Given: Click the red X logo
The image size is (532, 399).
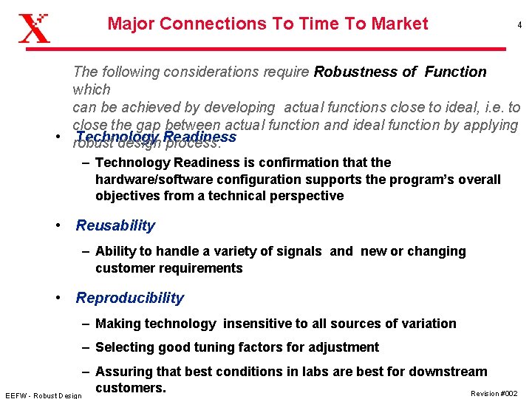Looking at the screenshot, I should [34, 27].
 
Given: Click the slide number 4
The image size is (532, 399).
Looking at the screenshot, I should [519, 25].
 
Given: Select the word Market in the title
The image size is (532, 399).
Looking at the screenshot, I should [400, 24].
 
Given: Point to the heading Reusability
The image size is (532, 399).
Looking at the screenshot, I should [115, 226].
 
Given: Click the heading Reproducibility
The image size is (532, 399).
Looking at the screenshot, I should [129, 299].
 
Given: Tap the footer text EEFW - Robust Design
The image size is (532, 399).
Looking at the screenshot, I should [43, 395].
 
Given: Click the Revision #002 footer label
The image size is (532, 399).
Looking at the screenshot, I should [494, 393].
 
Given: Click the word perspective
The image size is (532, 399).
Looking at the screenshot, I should [307, 196].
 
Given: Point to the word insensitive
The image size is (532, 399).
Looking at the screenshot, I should [262, 324].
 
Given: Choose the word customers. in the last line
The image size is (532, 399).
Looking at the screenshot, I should [130, 388].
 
